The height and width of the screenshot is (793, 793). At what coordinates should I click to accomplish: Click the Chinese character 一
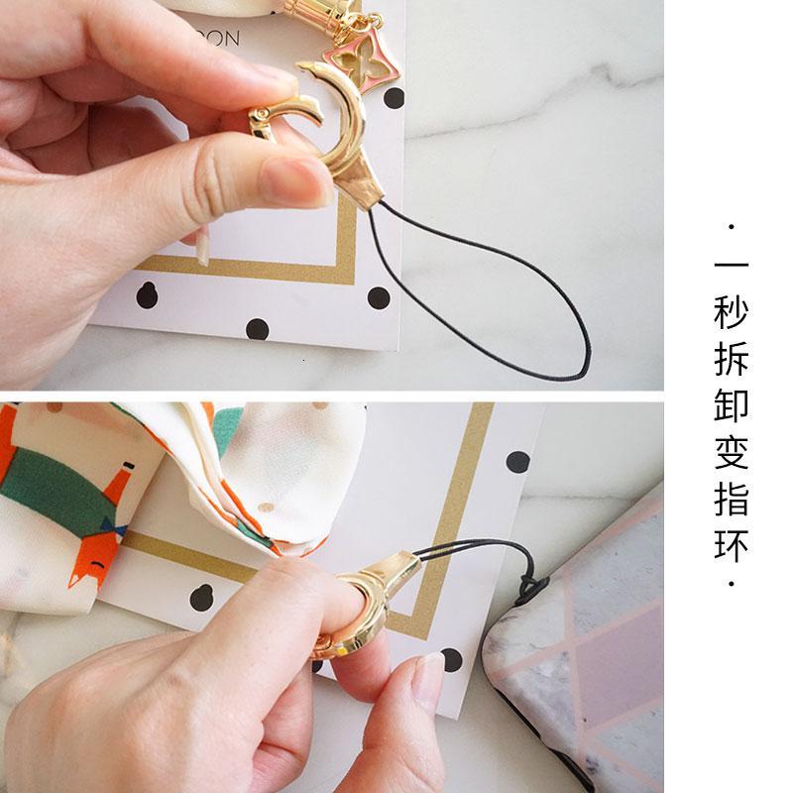pyautogui.click(x=732, y=270)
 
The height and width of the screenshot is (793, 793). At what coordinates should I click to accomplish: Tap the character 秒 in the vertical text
pyautogui.click(x=732, y=316)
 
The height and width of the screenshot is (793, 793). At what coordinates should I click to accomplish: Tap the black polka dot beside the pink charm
pyautogui.click(x=394, y=97)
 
